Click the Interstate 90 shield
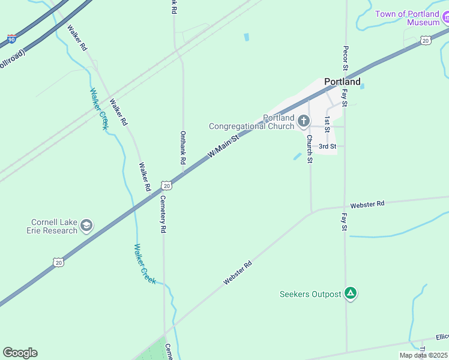11,40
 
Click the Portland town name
342,82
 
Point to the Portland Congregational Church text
252,122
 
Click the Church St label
310,148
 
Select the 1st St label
327,124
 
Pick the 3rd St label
327,146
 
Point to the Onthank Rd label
182,148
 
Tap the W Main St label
223,146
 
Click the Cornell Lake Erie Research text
52,226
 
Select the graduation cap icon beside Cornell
86,226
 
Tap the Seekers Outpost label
310,294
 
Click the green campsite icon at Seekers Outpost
351,294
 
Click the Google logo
20,353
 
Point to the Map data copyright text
423,355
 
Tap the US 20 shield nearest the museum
425,40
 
